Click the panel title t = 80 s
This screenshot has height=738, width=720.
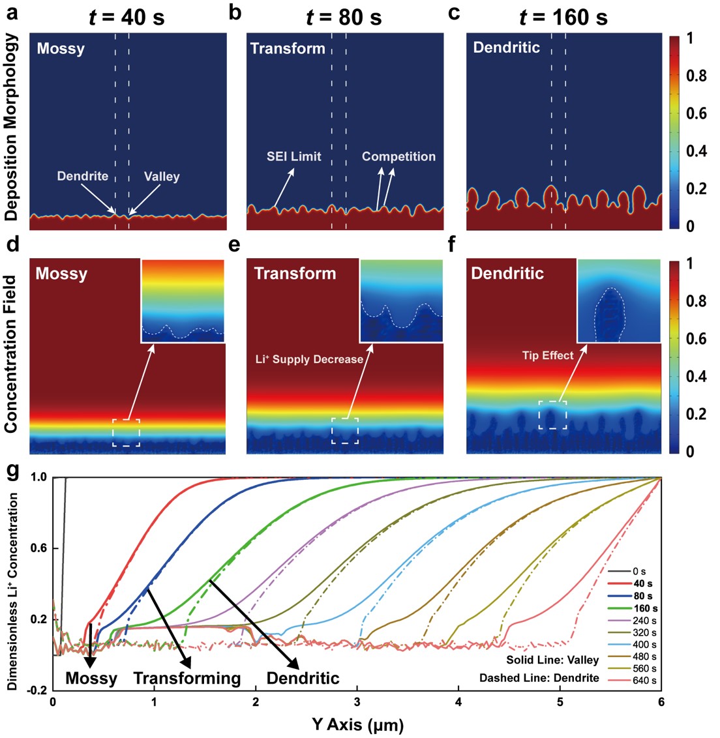point(344,17)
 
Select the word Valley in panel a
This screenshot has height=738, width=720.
point(162,177)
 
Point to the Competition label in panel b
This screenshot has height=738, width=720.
point(398,156)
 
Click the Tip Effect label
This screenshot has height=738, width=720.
point(548,355)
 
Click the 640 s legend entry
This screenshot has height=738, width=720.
point(644,681)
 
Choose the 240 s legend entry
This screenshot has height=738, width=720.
point(644,621)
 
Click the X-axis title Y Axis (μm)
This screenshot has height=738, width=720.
point(357,724)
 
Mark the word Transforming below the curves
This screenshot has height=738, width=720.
point(187,678)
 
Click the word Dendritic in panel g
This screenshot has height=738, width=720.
point(303,678)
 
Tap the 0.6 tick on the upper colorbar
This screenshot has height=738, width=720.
point(695,113)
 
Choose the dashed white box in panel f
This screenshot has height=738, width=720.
point(552,415)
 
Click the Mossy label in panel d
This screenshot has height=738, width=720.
point(61,274)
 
